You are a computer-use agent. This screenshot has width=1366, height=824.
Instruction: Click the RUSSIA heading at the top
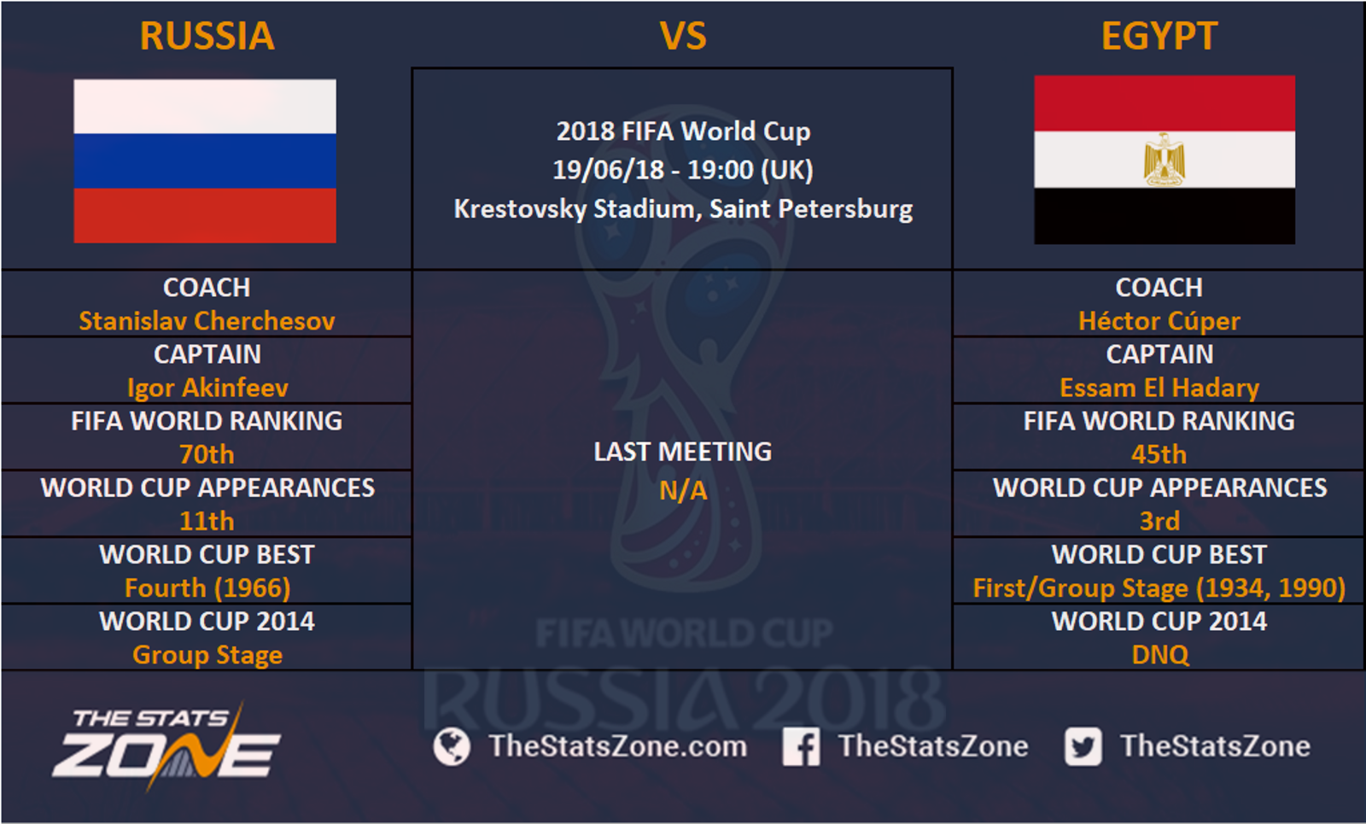click(x=207, y=36)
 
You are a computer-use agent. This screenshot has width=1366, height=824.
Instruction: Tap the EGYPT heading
click(x=1159, y=36)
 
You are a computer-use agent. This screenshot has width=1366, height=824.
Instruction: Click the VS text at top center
click(x=683, y=36)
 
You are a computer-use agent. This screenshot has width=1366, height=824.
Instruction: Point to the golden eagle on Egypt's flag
click(x=1165, y=159)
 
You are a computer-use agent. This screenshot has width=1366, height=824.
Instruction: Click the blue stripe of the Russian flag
click(x=205, y=161)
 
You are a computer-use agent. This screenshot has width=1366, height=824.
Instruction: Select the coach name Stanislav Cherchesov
click(x=207, y=321)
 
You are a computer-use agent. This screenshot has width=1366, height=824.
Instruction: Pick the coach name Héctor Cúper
click(x=1159, y=321)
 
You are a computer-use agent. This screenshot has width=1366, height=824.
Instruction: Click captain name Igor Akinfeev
click(x=207, y=389)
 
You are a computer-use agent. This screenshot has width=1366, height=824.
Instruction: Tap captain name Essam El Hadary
click(x=1159, y=389)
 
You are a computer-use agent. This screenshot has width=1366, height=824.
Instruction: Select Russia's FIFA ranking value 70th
click(x=207, y=454)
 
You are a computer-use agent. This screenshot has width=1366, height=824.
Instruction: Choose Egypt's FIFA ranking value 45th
click(x=1159, y=454)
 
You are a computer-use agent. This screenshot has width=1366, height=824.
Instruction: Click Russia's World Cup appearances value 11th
click(x=207, y=522)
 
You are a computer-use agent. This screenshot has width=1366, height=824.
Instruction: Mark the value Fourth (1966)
click(x=207, y=588)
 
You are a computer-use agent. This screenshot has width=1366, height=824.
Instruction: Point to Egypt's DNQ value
click(x=1160, y=655)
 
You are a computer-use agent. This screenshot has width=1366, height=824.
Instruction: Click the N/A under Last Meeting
click(x=683, y=491)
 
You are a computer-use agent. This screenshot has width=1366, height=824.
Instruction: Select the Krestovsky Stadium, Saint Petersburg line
click(x=683, y=209)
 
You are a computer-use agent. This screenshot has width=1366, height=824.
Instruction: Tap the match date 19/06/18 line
click(x=683, y=170)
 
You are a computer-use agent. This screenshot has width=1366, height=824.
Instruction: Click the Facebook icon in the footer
click(x=802, y=746)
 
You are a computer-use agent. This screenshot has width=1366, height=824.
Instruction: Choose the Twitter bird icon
click(x=1083, y=746)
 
